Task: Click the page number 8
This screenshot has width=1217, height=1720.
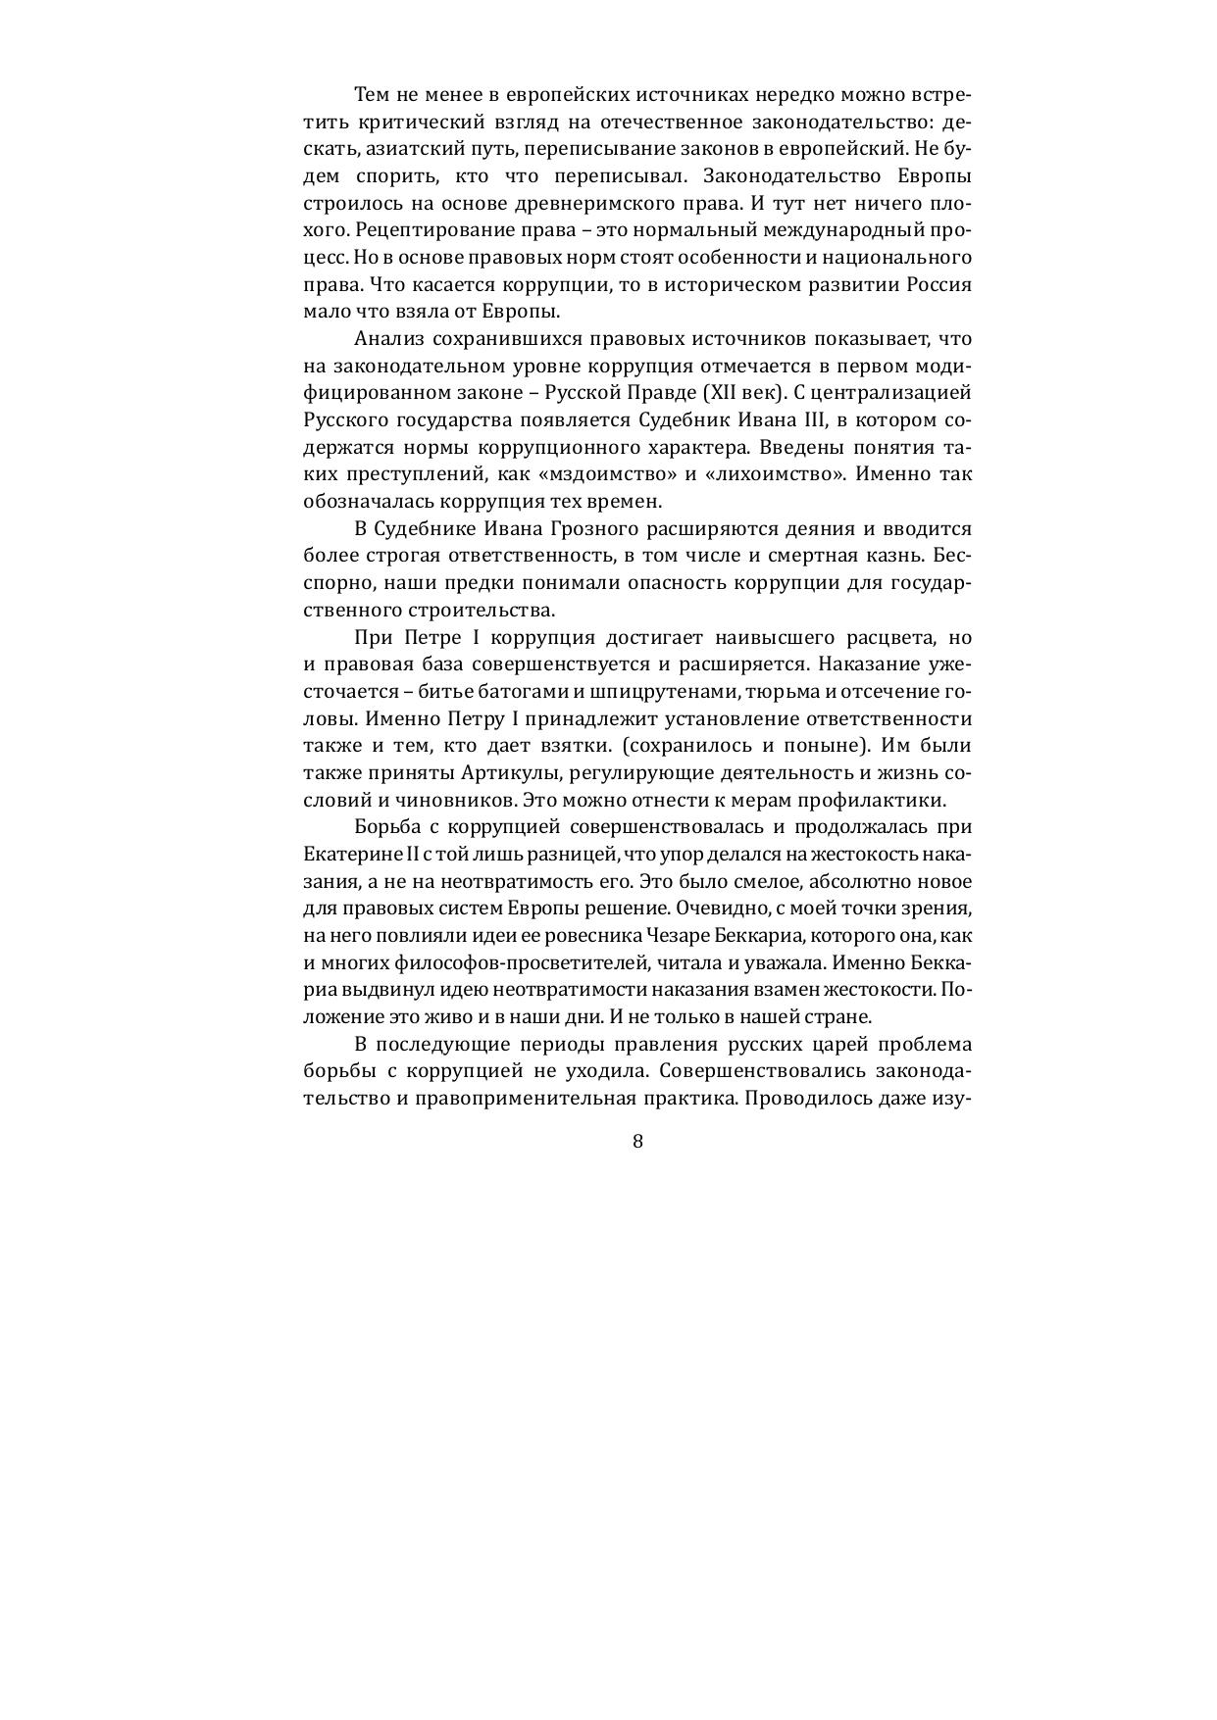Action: coord(637,1141)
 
